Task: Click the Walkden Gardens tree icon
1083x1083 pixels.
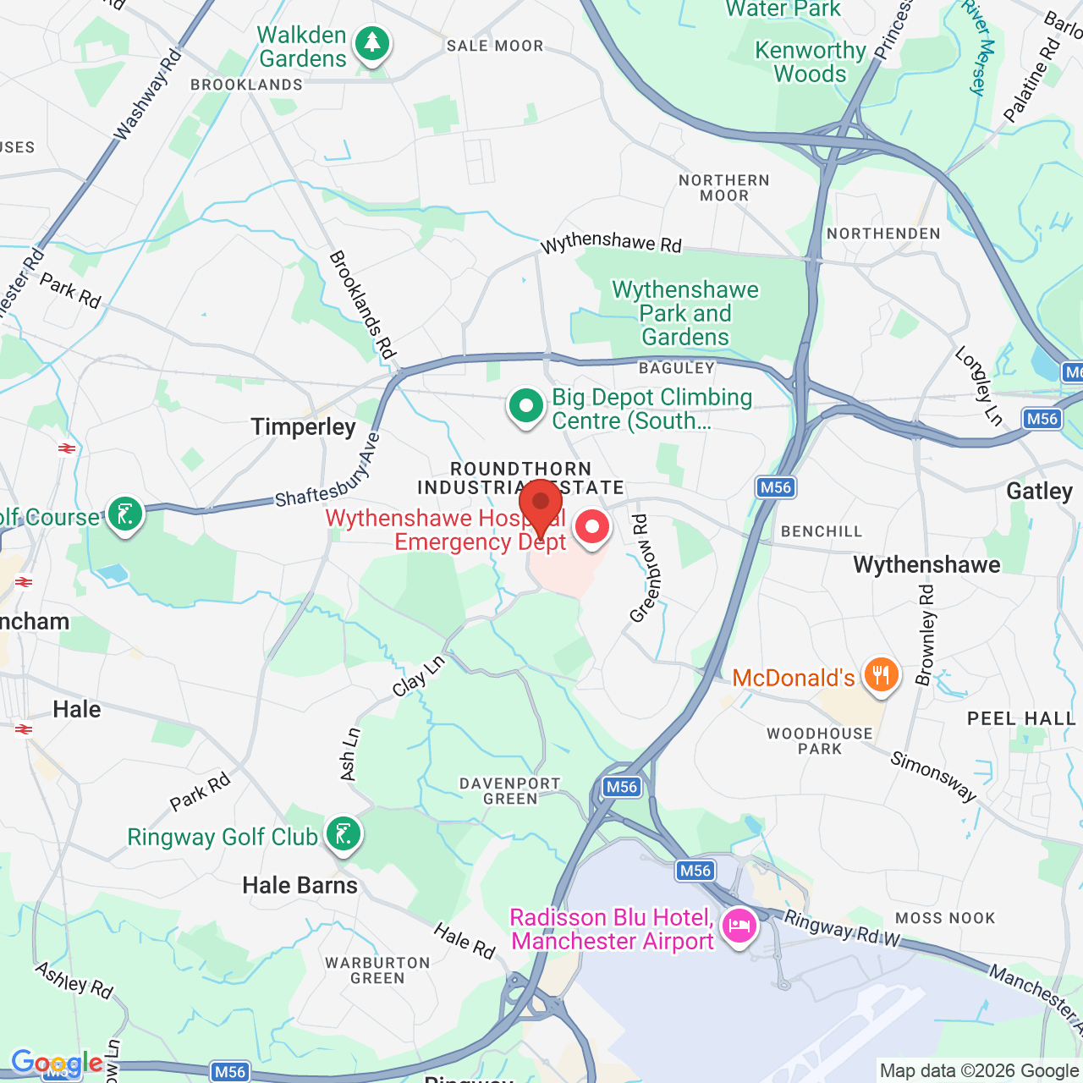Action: coord(371,43)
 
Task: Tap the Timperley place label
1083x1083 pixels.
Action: coord(303,427)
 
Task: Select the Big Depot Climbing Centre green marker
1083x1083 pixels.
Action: coord(525,406)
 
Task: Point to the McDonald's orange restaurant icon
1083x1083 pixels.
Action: coord(881,675)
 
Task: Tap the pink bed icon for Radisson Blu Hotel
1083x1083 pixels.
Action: coord(739,925)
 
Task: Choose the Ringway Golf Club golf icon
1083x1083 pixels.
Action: coord(343,834)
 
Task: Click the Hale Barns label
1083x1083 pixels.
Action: coord(300,886)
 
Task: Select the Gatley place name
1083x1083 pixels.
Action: coord(1039,492)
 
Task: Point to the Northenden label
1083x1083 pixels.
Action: coord(883,234)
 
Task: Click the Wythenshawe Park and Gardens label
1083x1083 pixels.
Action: coord(685,314)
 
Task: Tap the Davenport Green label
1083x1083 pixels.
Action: coord(510,791)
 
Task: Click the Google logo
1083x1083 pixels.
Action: coord(57,1063)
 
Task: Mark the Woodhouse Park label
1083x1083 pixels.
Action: coord(819,741)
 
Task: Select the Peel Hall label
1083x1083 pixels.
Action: coord(1021,719)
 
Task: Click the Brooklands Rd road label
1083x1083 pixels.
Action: coord(362,305)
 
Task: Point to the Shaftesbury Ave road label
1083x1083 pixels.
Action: coord(328,473)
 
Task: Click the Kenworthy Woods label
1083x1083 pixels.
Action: coord(810,63)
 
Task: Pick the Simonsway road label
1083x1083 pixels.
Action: coord(933,776)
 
